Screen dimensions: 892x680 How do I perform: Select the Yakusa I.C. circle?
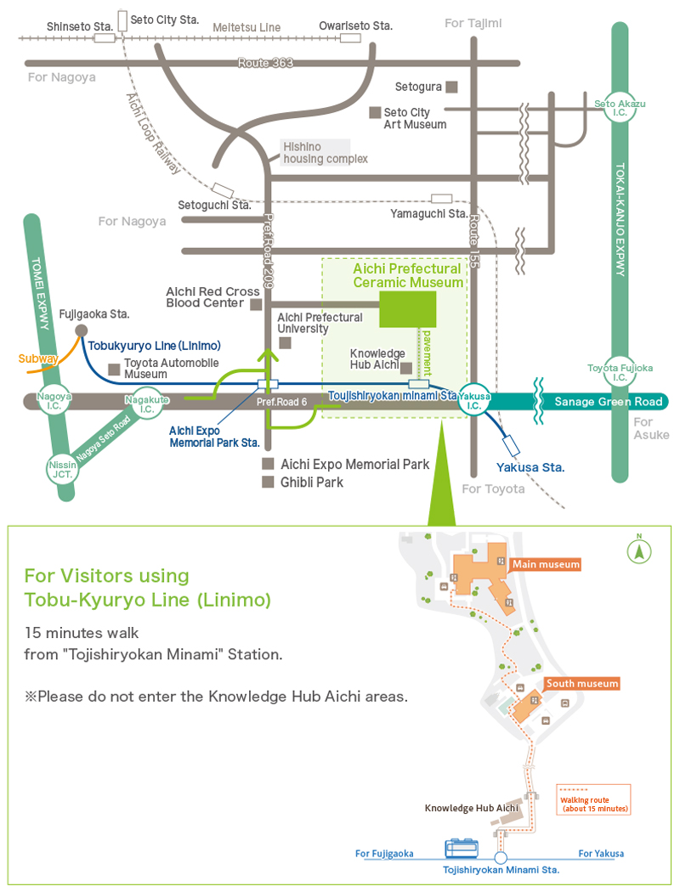click(474, 400)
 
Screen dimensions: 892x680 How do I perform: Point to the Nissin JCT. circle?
click(61, 467)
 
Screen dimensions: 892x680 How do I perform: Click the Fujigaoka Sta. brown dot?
click(81, 330)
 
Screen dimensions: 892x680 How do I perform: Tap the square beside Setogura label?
click(452, 87)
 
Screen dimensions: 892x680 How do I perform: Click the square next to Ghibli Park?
click(268, 483)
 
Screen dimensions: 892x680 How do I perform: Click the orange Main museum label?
click(545, 564)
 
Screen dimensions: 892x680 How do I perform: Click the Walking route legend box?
click(592, 799)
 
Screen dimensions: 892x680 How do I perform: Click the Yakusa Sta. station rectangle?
click(512, 444)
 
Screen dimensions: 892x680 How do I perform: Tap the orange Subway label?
click(38, 358)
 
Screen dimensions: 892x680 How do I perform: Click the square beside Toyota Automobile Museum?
click(113, 369)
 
